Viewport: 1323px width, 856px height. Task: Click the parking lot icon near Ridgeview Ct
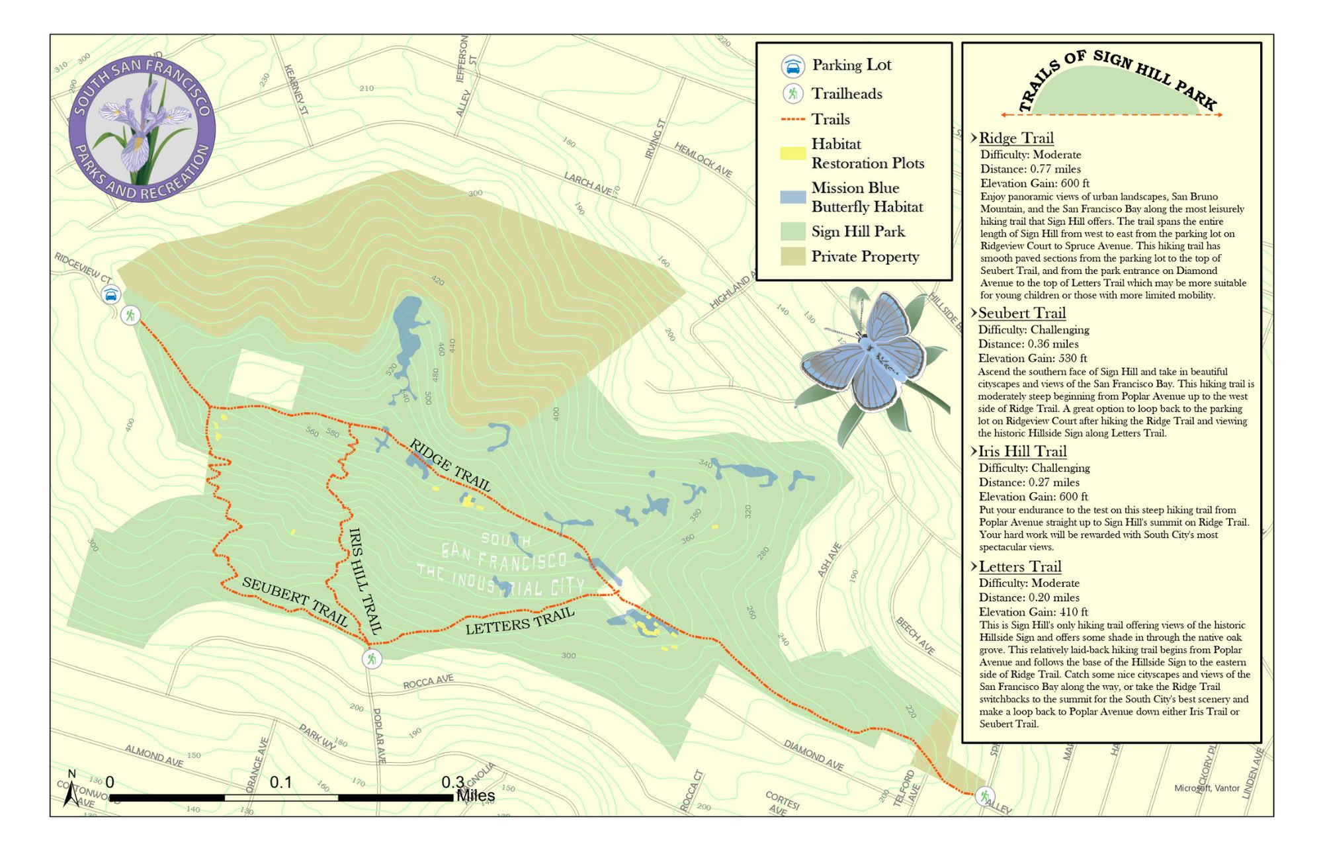pyautogui.click(x=112, y=294)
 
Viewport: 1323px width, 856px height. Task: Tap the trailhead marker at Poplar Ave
pyautogui.click(x=372, y=659)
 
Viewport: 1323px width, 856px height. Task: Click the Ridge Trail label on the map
pyautogui.click(x=450, y=465)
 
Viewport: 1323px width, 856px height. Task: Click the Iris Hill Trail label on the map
pyautogui.click(x=364, y=580)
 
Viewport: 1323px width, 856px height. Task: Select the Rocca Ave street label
pyautogui.click(x=429, y=681)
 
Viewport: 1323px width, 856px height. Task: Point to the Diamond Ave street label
pyautogui.click(x=814, y=755)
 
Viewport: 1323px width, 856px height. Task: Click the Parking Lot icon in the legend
pyautogui.click(x=792, y=66)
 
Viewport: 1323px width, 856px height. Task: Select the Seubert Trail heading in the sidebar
pyautogui.click(x=1021, y=313)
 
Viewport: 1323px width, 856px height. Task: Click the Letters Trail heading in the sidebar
pyautogui.click(x=1019, y=566)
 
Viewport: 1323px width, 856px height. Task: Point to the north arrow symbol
pyautogui.click(x=71, y=790)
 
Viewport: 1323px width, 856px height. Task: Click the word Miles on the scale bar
pyautogui.click(x=476, y=796)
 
